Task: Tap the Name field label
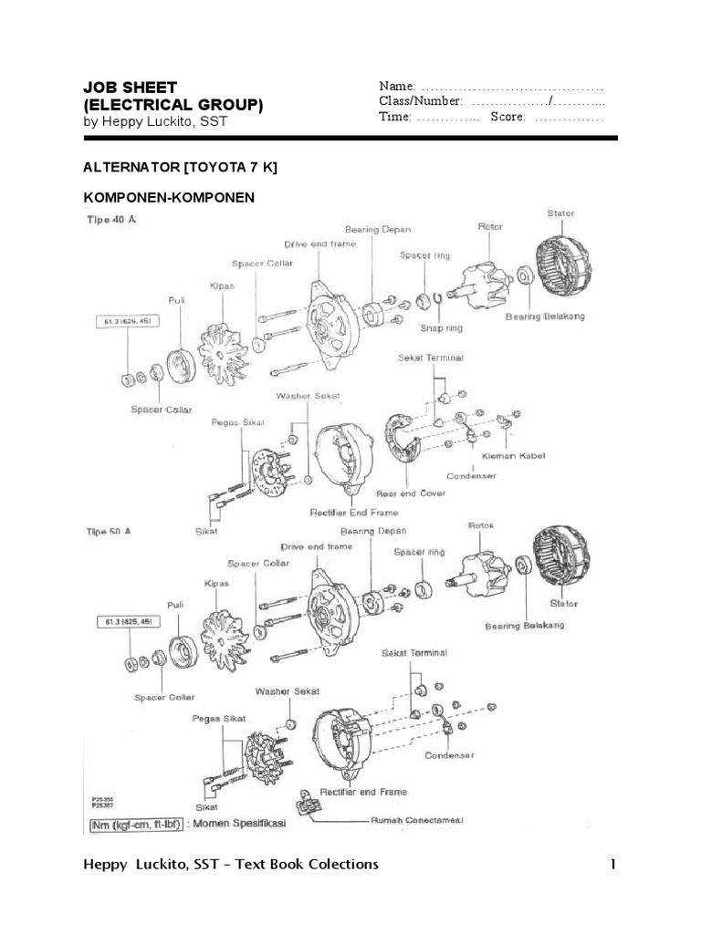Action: (397, 86)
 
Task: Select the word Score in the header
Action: (507, 118)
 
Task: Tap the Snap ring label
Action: (441, 327)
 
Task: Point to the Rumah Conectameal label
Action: (416, 820)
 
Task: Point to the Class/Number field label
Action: (421, 101)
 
